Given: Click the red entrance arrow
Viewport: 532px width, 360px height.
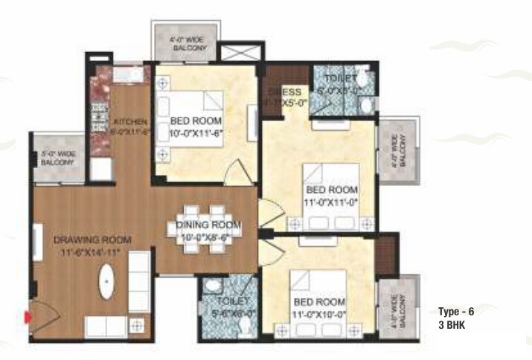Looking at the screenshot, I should click(28, 318).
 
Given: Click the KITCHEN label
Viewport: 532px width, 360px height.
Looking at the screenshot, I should click(129, 121).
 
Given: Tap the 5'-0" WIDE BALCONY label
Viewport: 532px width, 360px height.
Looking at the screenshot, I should click(57, 158).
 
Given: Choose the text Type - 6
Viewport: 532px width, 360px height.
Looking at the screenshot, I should click(455, 312).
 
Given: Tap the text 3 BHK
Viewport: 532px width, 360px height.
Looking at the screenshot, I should click(452, 325).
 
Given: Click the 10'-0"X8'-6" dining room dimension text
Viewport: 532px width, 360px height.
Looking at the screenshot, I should click(208, 237).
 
